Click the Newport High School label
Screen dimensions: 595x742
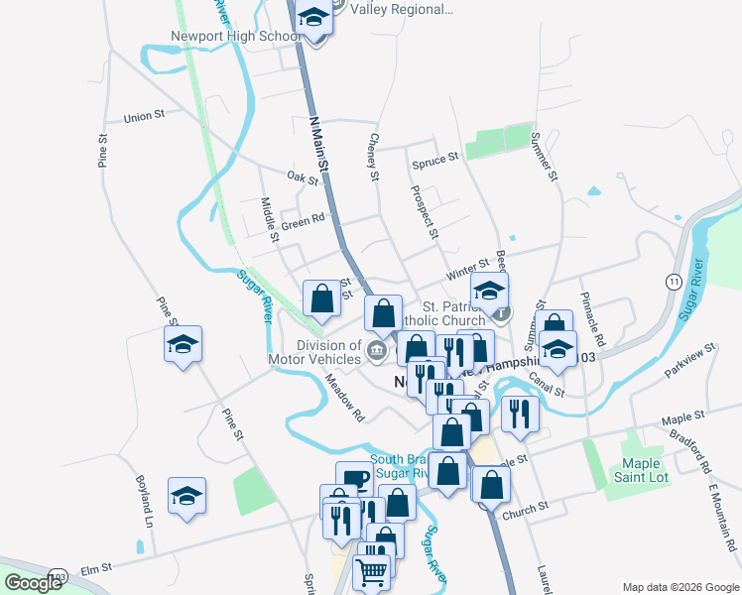point(235,37)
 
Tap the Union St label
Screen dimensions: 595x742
point(144,117)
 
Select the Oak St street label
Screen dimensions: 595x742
point(303,178)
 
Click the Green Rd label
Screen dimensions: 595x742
point(303,222)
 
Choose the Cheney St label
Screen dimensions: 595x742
point(374,158)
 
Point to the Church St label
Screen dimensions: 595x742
point(525,509)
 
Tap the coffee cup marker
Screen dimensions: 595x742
point(354,478)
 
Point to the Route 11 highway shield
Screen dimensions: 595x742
point(674,283)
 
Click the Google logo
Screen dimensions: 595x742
point(34,583)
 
